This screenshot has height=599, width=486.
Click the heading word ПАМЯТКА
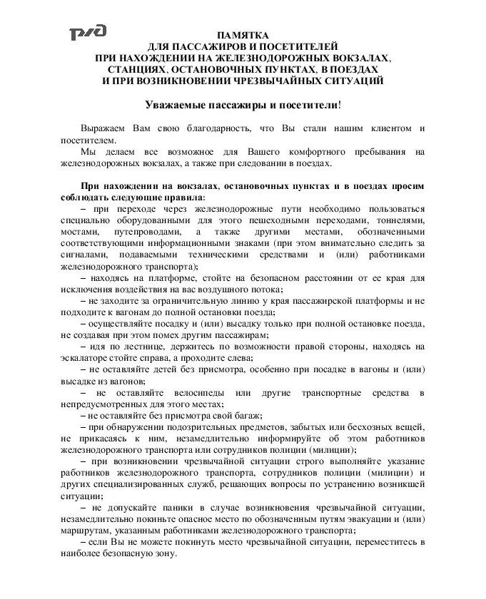243,35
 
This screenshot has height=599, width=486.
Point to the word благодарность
215,128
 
